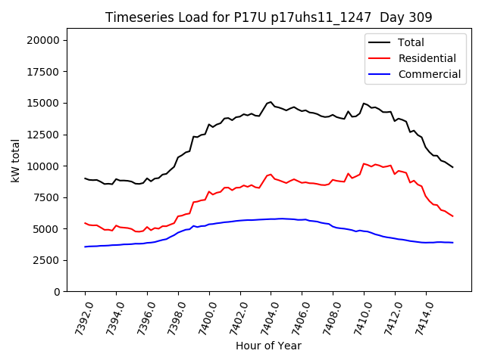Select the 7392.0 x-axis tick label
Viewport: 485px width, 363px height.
[x=79, y=316]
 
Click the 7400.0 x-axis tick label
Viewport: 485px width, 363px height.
[x=202, y=316]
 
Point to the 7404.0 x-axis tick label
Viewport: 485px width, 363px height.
[x=264, y=316]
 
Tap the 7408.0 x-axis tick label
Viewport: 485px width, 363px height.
[x=327, y=316]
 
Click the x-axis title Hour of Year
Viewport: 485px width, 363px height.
[x=268, y=346]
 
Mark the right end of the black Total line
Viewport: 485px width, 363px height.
[x=453, y=167]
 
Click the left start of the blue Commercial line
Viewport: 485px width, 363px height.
[x=85, y=247]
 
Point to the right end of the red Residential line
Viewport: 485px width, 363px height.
[x=453, y=216]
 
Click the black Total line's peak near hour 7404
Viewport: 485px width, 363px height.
[x=270, y=101]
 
